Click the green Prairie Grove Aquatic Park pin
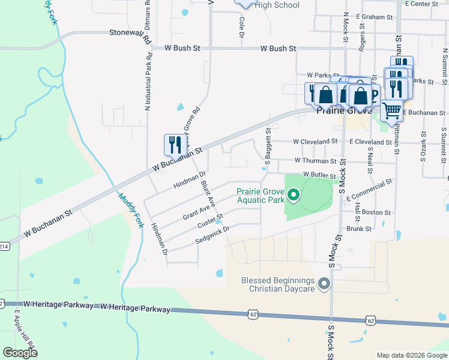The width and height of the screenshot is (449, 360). point(294,194)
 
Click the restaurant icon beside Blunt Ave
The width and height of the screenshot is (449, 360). point(173,145)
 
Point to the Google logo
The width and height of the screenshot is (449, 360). point(20,353)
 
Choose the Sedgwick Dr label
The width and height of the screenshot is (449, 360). point(212,235)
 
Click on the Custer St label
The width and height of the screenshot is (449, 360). point(210,221)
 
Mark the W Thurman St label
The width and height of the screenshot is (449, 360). point(316,161)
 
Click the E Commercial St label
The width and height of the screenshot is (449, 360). point(369,190)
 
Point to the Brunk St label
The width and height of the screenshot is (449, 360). point(360,229)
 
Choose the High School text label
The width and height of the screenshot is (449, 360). point(277,5)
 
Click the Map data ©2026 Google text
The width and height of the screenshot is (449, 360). point(411,355)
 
